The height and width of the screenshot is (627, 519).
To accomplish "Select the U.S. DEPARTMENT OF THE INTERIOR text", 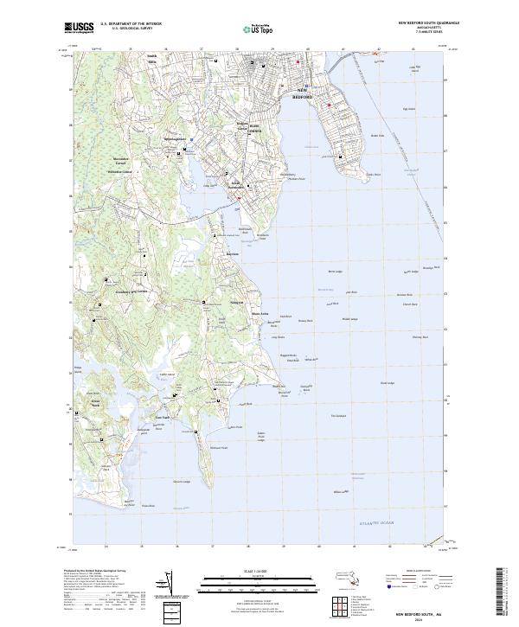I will point(130,23).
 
